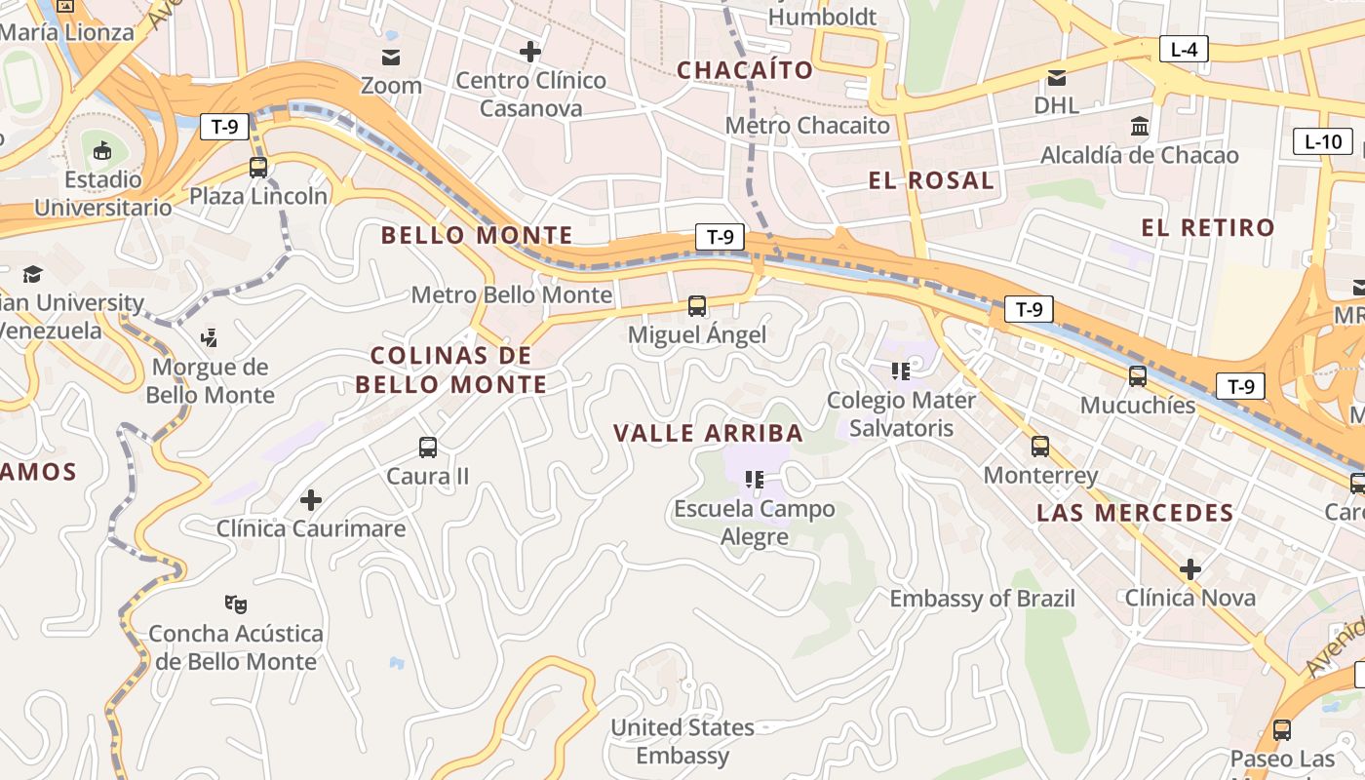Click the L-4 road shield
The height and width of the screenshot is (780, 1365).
pyautogui.click(x=1184, y=49)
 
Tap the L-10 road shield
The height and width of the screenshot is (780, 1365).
pyautogui.click(x=1323, y=141)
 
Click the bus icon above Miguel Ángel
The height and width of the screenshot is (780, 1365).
pyautogui.click(x=697, y=306)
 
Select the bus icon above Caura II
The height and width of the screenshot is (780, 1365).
pyautogui.click(x=428, y=448)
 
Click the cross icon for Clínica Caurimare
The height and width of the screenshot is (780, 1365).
pyautogui.click(x=311, y=500)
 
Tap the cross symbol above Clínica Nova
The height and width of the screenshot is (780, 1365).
pyautogui.click(x=1190, y=569)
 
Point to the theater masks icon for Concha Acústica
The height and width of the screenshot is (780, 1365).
pyautogui.click(x=234, y=604)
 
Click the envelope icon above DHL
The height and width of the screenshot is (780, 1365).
pyautogui.click(x=1057, y=78)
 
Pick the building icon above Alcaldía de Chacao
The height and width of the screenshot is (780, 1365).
pyautogui.click(x=1139, y=127)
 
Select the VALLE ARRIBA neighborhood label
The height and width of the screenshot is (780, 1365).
pyautogui.click(x=708, y=433)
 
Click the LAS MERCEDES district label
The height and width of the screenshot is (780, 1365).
pyautogui.click(x=1135, y=513)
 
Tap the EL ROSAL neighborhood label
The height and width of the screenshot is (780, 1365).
pyautogui.click(x=931, y=180)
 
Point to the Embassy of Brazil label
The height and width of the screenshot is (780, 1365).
pyautogui.click(x=982, y=599)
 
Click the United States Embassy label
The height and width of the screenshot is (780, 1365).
pyautogui.click(x=682, y=741)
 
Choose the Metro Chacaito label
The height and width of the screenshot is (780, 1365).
pyautogui.click(x=807, y=126)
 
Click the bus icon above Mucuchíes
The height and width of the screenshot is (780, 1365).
pyautogui.click(x=1138, y=376)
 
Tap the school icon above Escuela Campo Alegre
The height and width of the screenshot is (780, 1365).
pyautogui.click(x=754, y=480)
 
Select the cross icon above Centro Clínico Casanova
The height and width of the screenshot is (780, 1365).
pyautogui.click(x=530, y=52)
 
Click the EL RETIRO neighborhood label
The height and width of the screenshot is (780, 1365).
pyautogui.click(x=1208, y=228)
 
